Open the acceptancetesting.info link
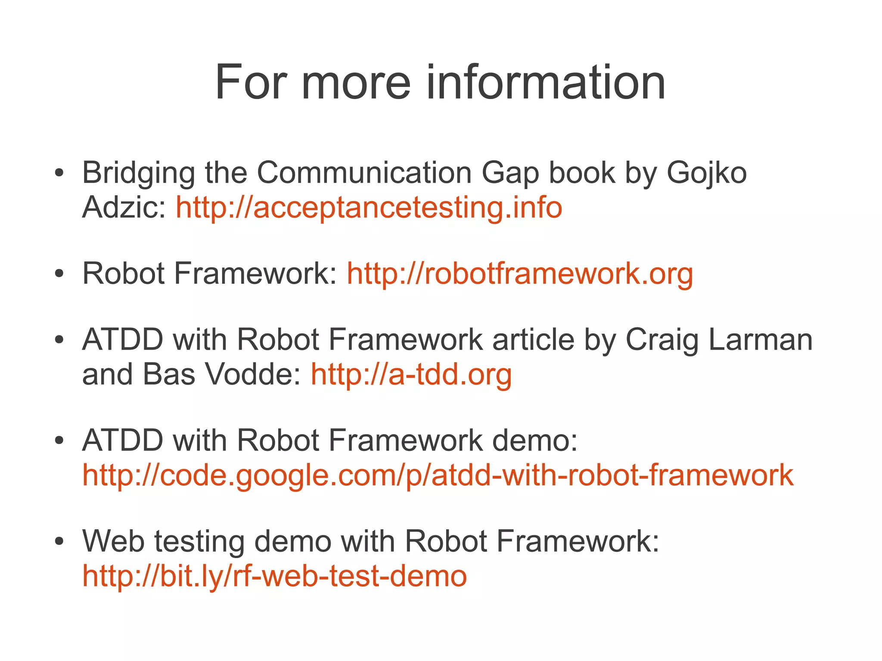coord(369,208)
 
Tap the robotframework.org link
coord(520,273)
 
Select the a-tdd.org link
coord(411,374)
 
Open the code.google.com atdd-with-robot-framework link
coord(438,475)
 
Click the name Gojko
coord(707,173)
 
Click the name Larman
coord(760,340)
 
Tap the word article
coord(533,340)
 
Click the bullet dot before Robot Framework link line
coord(59,274)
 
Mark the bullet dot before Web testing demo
coord(59,541)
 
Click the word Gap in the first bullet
coord(510,173)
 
